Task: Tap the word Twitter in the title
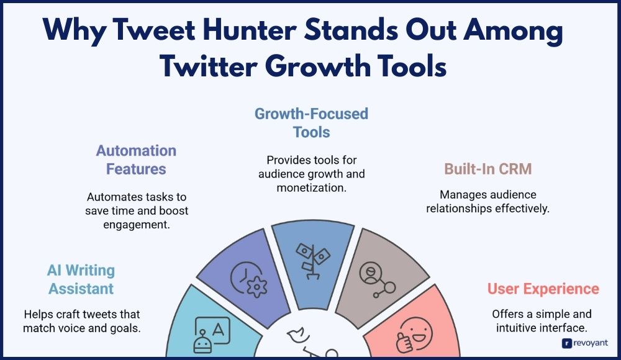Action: pos(209,66)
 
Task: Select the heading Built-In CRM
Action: pos(488,169)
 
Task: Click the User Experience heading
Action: pos(543,289)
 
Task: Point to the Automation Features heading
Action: pos(136,160)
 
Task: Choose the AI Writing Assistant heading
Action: pos(81,279)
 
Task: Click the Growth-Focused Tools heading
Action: pos(311,123)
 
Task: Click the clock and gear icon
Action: pos(249,279)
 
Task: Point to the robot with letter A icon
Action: pos(212,335)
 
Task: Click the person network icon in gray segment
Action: pos(377,279)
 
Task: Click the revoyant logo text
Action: pos(590,343)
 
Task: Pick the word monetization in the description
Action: pos(311,187)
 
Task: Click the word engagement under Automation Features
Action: pos(137,225)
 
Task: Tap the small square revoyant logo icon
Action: pos(567,343)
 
